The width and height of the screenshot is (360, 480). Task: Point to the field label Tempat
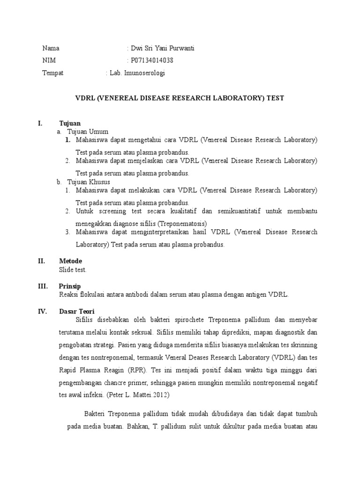coord(53,73)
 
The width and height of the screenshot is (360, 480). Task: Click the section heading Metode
coord(70,261)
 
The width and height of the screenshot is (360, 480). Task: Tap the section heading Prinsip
coord(70,286)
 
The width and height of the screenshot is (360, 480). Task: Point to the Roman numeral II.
coord(41,261)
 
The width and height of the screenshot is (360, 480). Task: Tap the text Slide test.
coord(73,270)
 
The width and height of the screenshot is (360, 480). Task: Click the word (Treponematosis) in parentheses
coord(183,223)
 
